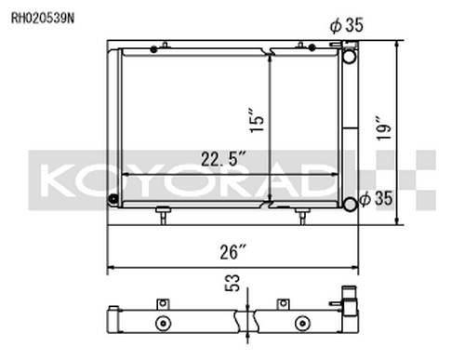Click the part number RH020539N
(x=43, y=19)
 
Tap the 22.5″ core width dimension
(x=224, y=159)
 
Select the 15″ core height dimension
(x=257, y=120)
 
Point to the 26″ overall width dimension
(x=232, y=251)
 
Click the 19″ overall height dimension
(x=383, y=128)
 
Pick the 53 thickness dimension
(x=232, y=283)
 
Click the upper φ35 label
(x=346, y=25)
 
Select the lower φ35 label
(x=376, y=198)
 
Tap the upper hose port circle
(x=350, y=56)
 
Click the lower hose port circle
(x=350, y=204)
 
